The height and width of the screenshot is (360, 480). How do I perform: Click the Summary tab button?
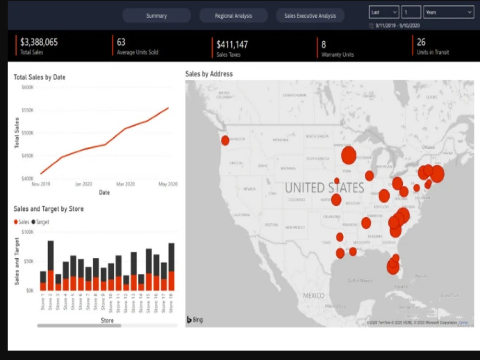coord(156,16)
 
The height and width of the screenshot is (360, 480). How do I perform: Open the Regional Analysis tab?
coord(233,16)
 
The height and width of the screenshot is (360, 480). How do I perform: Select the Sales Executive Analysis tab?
coord(310,16)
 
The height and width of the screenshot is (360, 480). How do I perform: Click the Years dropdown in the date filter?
coord(448,12)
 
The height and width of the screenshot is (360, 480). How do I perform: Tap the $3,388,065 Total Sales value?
coord(39,42)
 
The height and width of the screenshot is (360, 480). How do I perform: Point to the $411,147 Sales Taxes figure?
coord(232,45)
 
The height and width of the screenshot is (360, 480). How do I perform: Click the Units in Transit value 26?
coord(421,42)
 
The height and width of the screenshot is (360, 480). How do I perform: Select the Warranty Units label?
coord(337,55)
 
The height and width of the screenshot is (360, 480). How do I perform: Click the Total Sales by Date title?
coord(39,77)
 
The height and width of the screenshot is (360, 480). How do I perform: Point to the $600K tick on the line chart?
coord(27,87)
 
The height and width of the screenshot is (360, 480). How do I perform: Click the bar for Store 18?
coord(171,267)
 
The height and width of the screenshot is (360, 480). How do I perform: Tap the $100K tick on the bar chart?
coord(27,232)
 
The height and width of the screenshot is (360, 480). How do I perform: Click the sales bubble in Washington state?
coord(225,140)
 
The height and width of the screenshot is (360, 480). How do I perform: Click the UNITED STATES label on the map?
coord(324,187)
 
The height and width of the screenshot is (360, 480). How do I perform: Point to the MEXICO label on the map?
coord(313,295)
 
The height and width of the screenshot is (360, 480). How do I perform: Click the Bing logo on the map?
coord(194,320)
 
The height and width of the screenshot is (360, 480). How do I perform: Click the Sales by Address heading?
coord(209,74)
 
